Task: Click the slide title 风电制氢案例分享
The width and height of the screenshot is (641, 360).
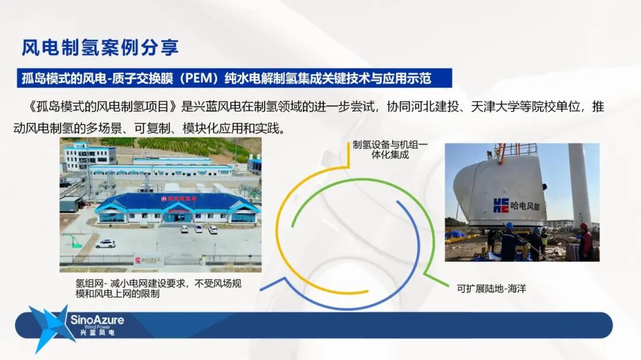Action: [x=100, y=47]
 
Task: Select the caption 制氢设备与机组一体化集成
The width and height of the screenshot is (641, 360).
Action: [x=389, y=149]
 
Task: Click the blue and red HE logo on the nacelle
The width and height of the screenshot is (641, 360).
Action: [x=501, y=205]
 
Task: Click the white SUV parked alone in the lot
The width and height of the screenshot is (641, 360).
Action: [x=106, y=243]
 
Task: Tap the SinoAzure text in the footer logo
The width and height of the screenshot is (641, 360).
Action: [x=97, y=320]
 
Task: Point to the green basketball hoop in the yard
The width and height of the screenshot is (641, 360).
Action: [x=74, y=240]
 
